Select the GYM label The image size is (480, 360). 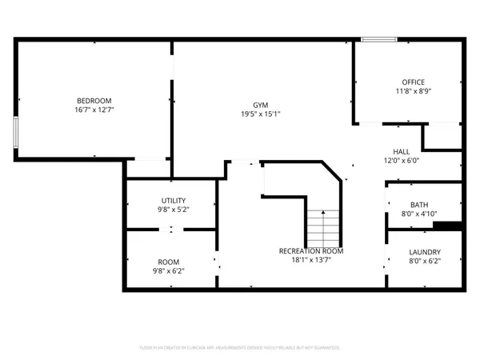[x=261, y=105]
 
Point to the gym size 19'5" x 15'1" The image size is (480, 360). [x=261, y=114]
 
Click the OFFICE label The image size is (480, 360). [x=413, y=82]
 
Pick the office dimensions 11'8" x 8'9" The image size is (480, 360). [x=413, y=91]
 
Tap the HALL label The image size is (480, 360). [x=401, y=151]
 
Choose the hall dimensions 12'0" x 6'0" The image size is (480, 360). [x=401, y=161]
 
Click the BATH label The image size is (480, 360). [x=418, y=205]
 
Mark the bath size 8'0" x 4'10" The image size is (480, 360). [x=418, y=214]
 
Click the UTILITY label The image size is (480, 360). [x=174, y=200]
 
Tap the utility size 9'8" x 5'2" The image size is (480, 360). [x=174, y=210]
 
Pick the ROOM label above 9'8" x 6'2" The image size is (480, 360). [x=168, y=262]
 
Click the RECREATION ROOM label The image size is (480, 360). [x=311, y=251]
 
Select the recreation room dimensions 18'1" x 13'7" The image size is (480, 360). [x=311, y=261]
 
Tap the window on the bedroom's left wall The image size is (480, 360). [x=15, y=132]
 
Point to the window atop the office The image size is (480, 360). [x=378, y=39]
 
